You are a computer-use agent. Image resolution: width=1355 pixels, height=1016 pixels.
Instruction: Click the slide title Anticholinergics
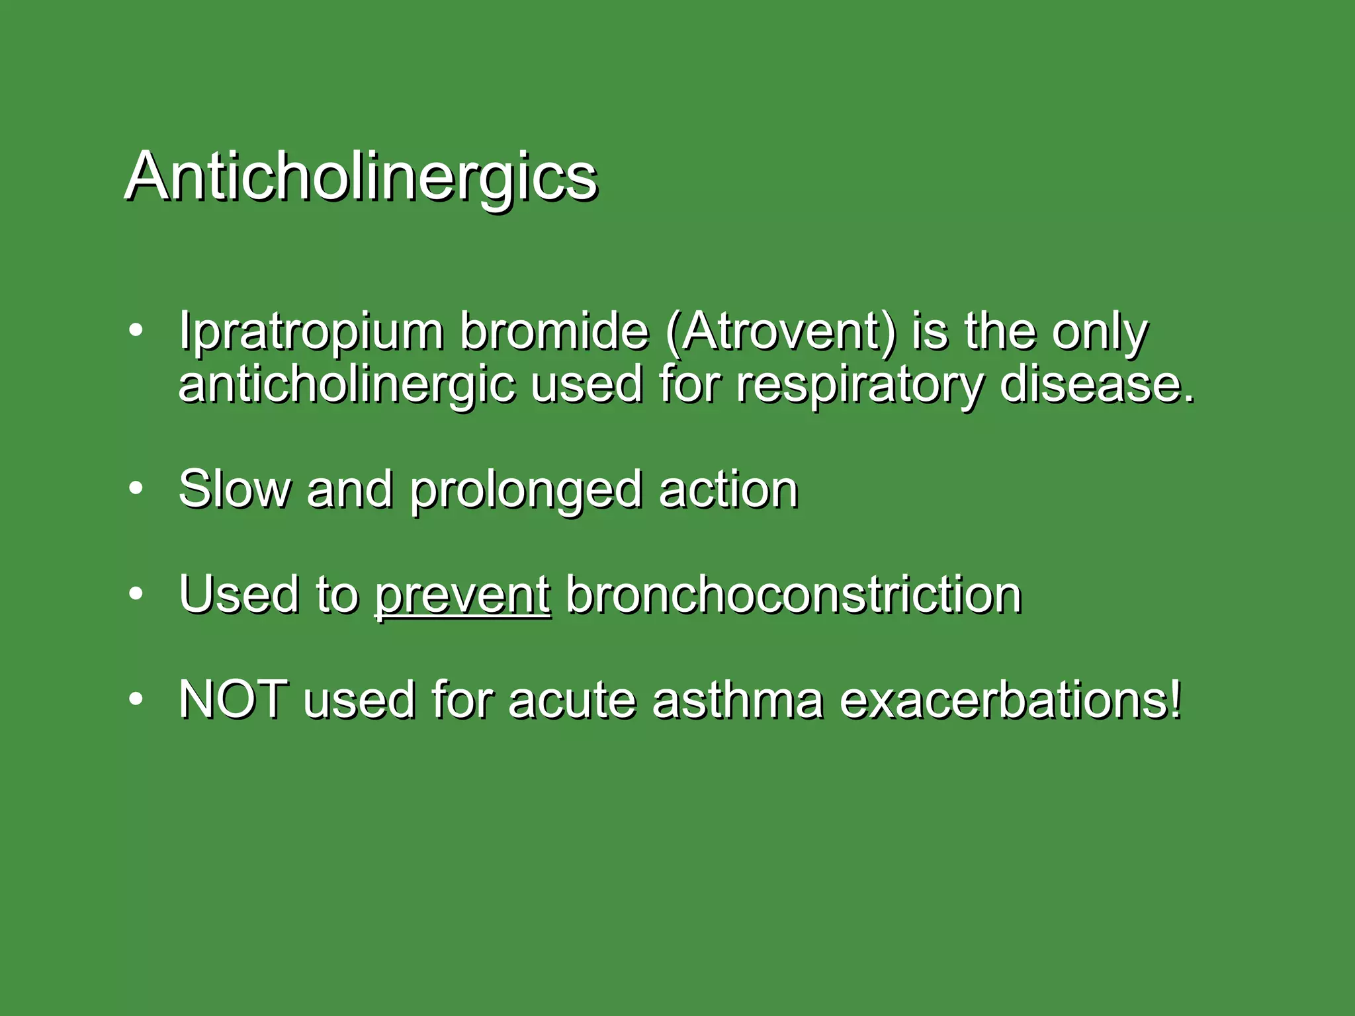pos(361,177)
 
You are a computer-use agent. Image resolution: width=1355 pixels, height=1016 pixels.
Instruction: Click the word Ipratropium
pos(310,331)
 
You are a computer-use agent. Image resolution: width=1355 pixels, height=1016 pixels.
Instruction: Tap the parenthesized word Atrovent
pos(780,331)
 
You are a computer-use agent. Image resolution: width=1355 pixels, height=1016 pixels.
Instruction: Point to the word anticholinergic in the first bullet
pos(346,385)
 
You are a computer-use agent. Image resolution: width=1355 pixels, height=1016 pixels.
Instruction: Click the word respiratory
pos(859,385)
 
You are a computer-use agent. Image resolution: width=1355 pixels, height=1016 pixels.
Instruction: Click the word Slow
pos(235,489)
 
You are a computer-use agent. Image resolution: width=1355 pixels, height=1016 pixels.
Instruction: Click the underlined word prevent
pos(462,595)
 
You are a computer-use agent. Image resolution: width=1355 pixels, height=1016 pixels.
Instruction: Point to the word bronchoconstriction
pos(793,595)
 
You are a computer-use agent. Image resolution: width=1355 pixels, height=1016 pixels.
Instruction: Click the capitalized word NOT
pos(234,700)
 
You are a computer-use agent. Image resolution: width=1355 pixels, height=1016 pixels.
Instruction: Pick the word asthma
pos(738,700)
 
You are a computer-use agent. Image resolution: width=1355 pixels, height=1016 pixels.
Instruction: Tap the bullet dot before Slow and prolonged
pos(136,489)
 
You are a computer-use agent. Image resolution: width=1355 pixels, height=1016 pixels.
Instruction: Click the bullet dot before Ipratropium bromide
pos(136,330)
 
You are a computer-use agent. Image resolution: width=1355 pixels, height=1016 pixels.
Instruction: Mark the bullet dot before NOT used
pos(136,699)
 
